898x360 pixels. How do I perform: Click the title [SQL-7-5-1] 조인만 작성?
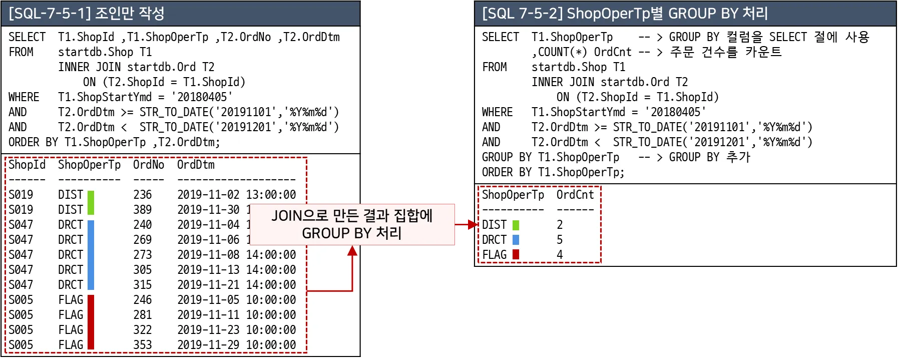pos(87,13)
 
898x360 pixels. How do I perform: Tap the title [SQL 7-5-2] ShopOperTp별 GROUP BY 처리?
pos(625,13)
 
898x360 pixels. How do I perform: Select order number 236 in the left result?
pos(142,195)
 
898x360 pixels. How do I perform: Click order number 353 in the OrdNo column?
pos(142,345)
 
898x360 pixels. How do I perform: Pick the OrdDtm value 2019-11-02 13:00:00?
pos(236,195)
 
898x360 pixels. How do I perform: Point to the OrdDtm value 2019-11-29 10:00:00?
pos(236,345)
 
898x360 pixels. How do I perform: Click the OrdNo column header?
pos(148,165)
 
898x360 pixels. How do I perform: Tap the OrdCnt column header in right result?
pos(575,195)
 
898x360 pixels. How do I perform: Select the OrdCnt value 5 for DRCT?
pos(560,240)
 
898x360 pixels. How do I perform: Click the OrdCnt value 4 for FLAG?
pos(560,255)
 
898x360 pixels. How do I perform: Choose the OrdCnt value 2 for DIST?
pos(560,225)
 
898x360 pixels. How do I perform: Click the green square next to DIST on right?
pos(516,225)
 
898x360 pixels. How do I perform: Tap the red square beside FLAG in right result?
pos(516,255)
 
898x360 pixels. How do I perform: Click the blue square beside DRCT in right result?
pos(516,240)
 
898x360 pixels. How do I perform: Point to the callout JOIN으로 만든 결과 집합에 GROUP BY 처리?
pos(352,224)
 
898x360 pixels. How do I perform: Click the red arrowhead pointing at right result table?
pos(472,224)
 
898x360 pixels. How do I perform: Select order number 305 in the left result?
pos(142,270)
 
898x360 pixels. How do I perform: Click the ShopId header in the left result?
pos(27,165)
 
